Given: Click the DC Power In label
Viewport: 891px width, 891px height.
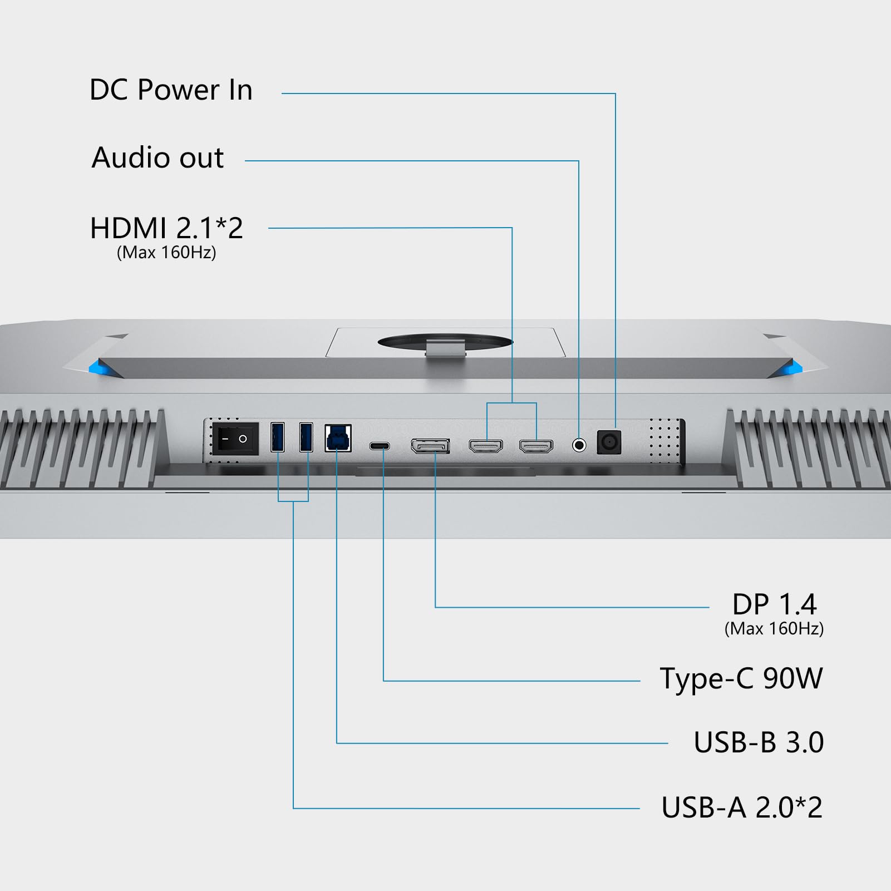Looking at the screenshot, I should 171,90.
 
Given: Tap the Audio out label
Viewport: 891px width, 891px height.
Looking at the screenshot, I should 157,157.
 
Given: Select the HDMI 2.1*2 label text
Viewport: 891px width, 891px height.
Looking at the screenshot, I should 166,228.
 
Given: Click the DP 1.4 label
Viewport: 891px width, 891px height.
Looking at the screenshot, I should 774,604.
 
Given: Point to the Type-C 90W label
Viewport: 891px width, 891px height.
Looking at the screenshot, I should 741,678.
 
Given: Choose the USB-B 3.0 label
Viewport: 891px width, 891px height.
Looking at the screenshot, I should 758,742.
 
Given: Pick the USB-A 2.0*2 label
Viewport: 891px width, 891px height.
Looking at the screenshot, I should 741,808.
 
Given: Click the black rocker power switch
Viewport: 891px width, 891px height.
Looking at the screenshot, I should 237,439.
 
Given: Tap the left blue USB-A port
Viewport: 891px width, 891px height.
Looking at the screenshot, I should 277,437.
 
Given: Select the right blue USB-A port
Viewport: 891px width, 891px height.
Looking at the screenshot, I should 306,437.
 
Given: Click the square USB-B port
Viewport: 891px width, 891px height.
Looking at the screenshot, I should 338,438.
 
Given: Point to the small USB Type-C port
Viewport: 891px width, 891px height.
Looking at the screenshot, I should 380,446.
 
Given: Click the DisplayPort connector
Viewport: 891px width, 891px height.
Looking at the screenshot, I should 430,446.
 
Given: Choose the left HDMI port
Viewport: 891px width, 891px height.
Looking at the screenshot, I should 486,446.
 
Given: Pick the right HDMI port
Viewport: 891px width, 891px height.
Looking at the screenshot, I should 536,446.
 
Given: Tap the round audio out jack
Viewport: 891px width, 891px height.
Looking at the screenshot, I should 579,445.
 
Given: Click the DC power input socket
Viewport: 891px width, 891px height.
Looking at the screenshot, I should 609,443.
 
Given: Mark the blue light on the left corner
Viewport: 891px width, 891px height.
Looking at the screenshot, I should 98,366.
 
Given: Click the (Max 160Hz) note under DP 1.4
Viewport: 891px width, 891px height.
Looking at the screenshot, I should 774,629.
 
